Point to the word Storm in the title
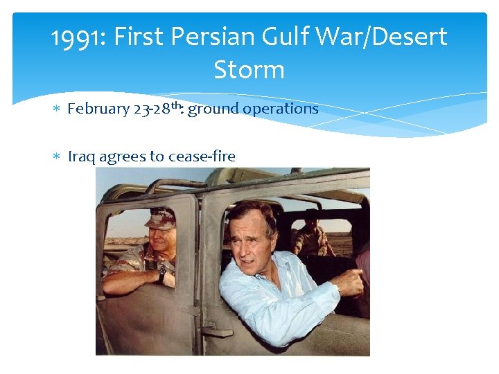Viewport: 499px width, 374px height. [249, 70]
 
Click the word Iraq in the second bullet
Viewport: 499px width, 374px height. [81, 157]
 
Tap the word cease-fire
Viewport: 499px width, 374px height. [201, 157]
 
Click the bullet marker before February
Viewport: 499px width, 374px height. [58, 109]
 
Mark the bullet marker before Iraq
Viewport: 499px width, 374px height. [58, 157]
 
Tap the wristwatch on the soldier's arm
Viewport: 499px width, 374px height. [162, 271]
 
